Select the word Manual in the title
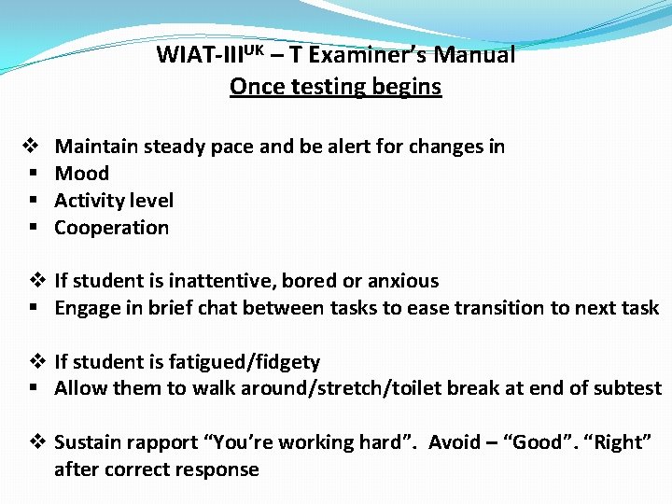click(x=480, y=55)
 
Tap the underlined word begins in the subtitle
click(x=405, y=88)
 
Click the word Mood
click(x=82, y=174)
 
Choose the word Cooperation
click(x=112, y=228)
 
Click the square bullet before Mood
click(x=33, y=174)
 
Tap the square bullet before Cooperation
click(x=33, y=228)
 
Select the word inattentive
click(x=228, y=281)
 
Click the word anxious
click(x=403, y=281)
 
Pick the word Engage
click(x=86, y=308)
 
